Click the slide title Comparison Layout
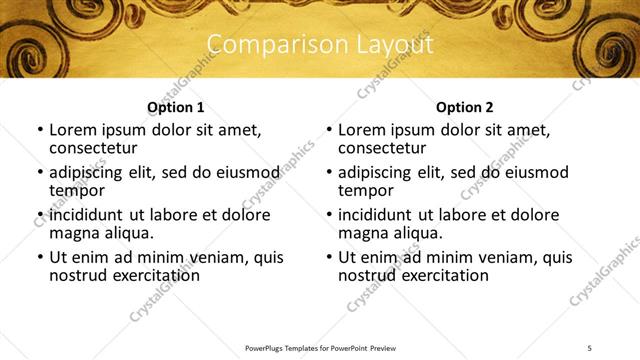click(319, 45)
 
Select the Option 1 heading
click(175, 107)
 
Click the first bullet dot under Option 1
click(40, 131)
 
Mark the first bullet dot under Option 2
click(329, 131)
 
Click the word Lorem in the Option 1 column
click(73, 130)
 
